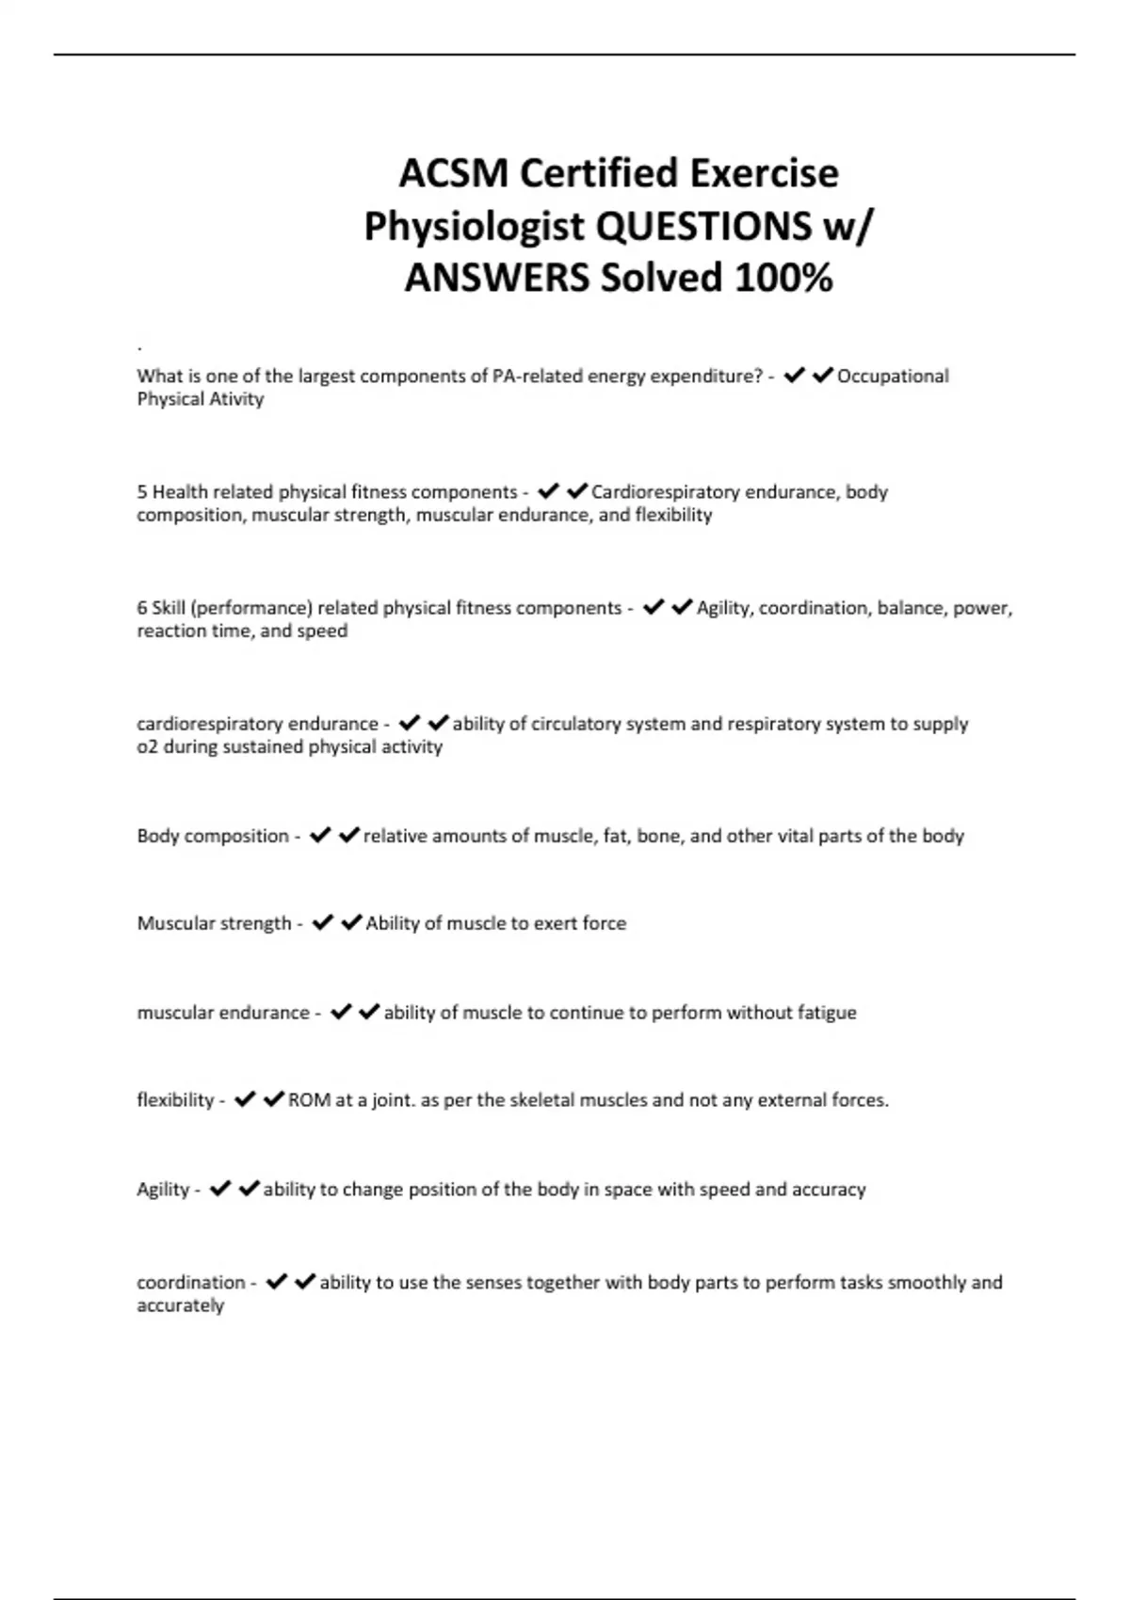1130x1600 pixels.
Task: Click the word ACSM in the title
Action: [452, 173]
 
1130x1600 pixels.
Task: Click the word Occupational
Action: [893, 376]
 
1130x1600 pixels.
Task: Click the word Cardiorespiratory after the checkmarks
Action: [665, 492]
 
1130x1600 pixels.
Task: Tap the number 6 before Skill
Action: [142, 608]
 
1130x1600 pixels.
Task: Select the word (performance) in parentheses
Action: [251, 608]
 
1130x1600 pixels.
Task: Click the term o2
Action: [148, 747]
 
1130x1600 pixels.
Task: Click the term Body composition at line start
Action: [213, 836]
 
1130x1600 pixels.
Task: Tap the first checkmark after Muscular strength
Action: [322, 923]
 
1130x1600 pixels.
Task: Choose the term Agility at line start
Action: [163, 1190]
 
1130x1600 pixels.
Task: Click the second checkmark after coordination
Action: [304, 1282]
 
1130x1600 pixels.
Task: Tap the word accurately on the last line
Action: [180, 1305]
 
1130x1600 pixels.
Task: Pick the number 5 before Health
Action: [142, 492]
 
